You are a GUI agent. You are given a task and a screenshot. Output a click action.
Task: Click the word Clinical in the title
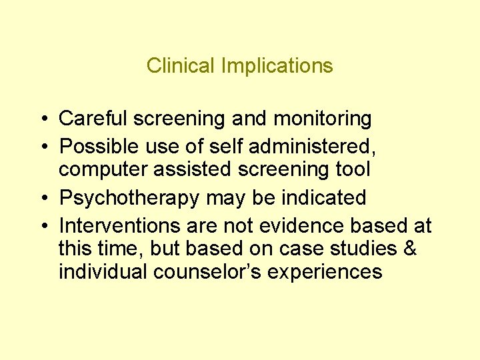coord(175,66)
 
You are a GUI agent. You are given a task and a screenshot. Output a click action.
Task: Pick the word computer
coord(103,170)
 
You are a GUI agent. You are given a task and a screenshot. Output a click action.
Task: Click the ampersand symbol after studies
coord(410,249)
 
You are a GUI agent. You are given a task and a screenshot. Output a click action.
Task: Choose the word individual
coord(103,272)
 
